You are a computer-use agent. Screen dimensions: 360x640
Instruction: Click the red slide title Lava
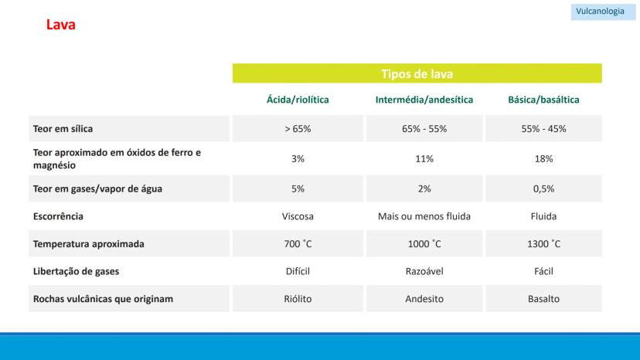[60, 25]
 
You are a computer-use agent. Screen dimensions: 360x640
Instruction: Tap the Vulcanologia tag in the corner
[600, 12]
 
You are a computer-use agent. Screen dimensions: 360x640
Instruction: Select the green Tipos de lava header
[417, 74]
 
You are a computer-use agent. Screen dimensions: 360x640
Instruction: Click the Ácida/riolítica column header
[298, 100]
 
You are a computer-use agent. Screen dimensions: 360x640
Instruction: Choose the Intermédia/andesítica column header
[424, 100]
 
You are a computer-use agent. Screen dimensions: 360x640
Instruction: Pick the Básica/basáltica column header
[543, 100]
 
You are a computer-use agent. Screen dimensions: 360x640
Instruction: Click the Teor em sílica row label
[63, 129]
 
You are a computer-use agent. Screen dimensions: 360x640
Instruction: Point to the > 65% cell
[298, 129]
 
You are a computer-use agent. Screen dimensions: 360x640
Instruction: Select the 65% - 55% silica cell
[424, 129]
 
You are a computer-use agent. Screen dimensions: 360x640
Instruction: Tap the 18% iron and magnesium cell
[543, 158]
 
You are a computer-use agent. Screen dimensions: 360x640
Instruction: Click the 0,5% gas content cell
[543, 188]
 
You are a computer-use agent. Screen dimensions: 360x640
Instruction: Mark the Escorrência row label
[58, 216]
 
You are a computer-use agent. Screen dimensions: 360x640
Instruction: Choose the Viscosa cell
[298, 216]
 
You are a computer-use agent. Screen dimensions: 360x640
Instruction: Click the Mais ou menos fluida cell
[424, 216]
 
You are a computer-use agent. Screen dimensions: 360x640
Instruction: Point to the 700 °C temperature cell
[298, 244]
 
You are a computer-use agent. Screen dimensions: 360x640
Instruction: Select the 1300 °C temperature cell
[543, 244]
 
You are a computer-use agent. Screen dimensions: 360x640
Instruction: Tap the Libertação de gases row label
[76, 272]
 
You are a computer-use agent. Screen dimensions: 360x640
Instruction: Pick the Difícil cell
[298, 272]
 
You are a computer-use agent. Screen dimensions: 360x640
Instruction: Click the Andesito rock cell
[424, 299]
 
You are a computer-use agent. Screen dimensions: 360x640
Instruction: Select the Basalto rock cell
[543, 299]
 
